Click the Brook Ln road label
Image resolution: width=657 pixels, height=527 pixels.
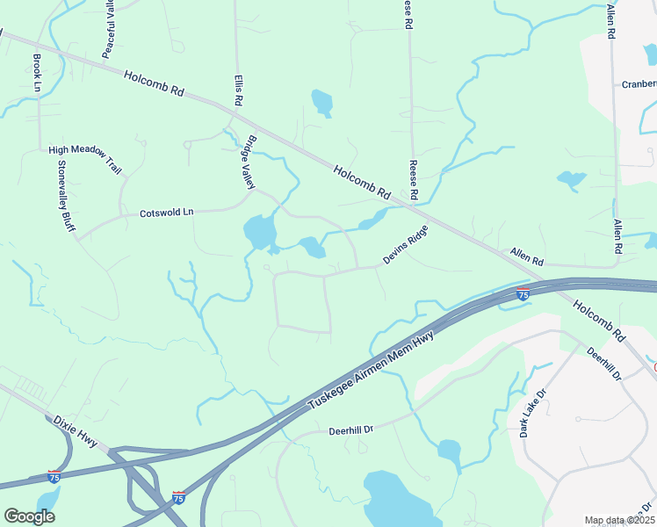[x=37, y=73]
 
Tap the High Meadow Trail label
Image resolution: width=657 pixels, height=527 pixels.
[x=84, y=150]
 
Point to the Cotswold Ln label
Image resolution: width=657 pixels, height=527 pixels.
[x=166, y=213]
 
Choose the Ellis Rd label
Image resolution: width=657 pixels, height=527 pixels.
[x=238, y=90]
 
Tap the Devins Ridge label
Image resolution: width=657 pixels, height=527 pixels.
[x=405, y=245]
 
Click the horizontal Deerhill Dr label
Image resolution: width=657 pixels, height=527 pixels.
[x=351, y=430]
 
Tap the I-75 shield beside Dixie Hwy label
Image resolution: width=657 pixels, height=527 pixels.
[x=55, y=476]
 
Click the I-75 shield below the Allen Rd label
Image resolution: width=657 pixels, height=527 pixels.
[x=523, y=295]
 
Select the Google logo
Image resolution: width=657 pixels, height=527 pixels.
[x=29, y=516]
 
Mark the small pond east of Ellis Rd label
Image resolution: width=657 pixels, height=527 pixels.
[x=322, y=102]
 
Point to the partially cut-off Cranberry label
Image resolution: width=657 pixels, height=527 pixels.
[x=639, y=85]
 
